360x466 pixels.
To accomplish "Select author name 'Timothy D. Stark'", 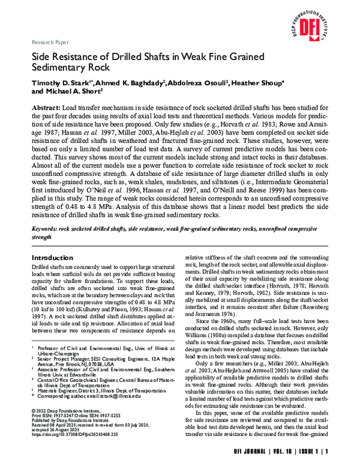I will (56, 83).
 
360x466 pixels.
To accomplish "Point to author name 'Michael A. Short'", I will (71, 92).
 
